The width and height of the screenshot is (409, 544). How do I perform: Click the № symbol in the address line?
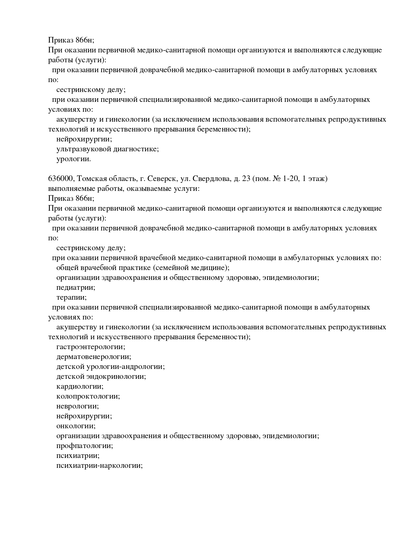coord(276,179)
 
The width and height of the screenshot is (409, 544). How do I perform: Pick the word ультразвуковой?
coord(84,149)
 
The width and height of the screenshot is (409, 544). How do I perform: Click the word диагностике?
coord(136,149)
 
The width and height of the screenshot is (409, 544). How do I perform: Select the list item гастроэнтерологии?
coord(91,347)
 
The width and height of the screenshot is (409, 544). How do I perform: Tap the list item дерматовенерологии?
coord(94,357)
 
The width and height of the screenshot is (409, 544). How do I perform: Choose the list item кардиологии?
coord(80,386)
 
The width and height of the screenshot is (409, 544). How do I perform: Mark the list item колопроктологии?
coord(88,396)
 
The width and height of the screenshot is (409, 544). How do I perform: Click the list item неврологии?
coord(78,406)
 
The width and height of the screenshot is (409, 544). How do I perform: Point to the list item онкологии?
coord(76,426)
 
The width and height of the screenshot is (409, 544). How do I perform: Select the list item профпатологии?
coord(85,446)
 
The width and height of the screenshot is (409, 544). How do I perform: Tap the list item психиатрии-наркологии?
coord(99,466)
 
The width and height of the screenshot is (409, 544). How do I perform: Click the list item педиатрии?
coord(76,287)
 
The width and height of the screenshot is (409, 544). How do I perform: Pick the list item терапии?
coord(72,297)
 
